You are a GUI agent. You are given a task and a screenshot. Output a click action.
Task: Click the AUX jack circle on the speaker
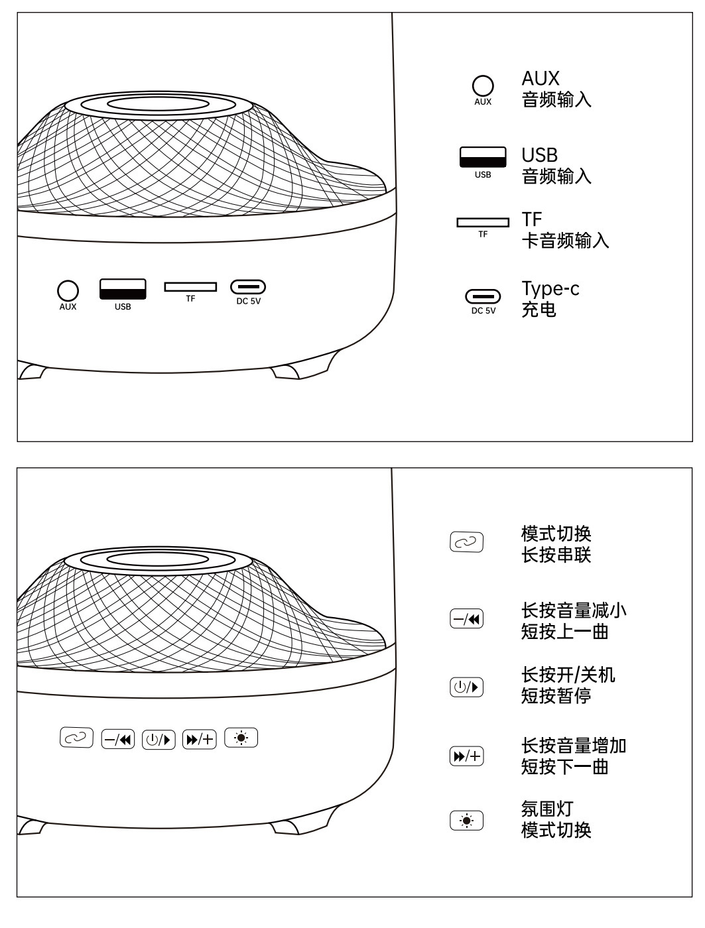(x=68, y=290)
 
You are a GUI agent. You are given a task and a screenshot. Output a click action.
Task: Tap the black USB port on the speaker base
(x=123, y=289)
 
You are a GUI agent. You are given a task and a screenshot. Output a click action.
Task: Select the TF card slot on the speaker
(x=190, y=286)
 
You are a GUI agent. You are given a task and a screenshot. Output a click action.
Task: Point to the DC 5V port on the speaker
(x=248, y=287)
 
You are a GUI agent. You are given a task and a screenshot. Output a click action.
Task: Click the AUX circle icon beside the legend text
(x=483, y=86)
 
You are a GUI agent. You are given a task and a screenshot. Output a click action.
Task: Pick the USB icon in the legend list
(x=483, y=157)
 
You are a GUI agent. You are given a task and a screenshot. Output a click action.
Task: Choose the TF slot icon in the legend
(x=483, y=222)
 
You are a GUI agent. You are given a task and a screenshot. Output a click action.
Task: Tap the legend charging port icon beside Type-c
(x=483, y=296)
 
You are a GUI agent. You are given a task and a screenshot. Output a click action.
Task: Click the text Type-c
(x=550, y=289)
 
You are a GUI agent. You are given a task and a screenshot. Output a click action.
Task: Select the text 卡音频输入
(x=565, y=240)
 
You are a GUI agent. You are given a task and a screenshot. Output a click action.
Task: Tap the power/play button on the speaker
(x=159, y=738)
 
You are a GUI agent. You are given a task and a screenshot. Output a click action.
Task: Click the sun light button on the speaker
(x=241, y=737)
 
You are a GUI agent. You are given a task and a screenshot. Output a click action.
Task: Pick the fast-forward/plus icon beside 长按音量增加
(x=467, y=756)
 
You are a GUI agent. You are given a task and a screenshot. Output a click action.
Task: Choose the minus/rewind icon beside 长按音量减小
(x=467, y=619)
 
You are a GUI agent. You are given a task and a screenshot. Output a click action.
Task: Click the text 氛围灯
(x=547, y=809)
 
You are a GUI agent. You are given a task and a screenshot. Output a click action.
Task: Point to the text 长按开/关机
(x=568, y=675)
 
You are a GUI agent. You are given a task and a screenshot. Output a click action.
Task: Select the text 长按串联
(x=556, y=555)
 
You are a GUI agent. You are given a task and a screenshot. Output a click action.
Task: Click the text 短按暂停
(x=556, y=696)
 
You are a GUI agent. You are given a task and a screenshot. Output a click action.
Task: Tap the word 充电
(x=539, y=310)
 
